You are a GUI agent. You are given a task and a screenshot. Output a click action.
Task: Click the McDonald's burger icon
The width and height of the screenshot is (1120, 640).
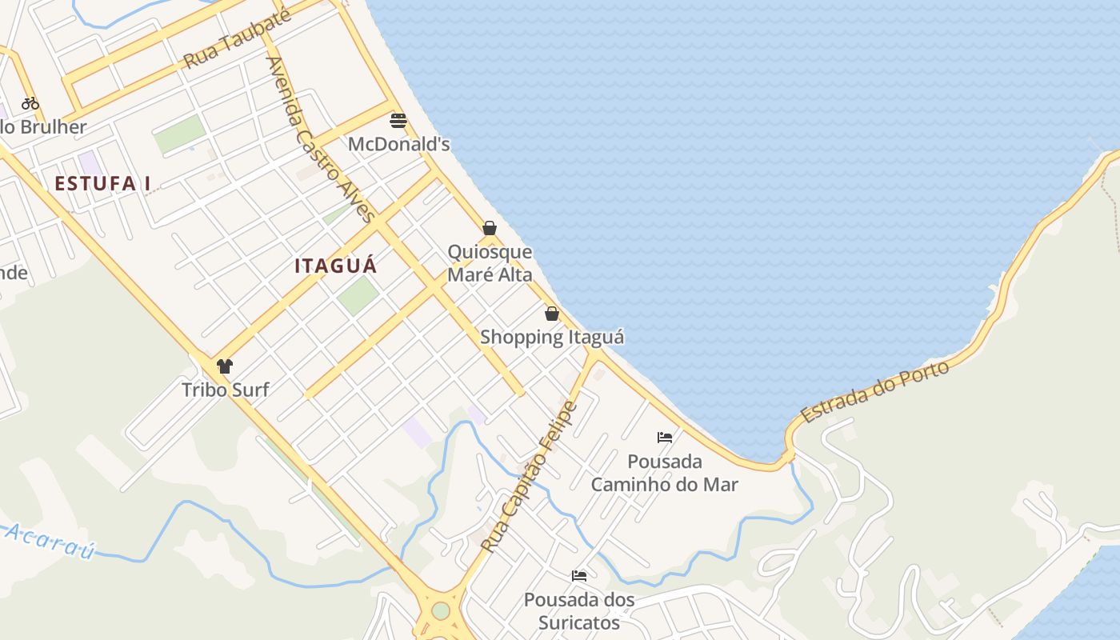pos(398,121)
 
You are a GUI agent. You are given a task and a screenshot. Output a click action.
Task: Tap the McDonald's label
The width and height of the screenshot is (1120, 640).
pos(398,145)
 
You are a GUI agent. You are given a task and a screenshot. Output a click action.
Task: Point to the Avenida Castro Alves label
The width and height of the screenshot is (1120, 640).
pos(320,138)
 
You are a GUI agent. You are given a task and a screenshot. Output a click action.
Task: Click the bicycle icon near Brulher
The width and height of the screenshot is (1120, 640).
pos(30,103)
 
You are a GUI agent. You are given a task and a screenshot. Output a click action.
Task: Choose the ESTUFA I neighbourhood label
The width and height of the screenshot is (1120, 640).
pos(102,184)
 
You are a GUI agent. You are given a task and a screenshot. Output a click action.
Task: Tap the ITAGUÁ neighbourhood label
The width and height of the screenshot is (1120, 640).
pos(335,266)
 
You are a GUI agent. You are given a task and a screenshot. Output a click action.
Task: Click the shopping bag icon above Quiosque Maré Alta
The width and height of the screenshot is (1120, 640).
pos(490,228)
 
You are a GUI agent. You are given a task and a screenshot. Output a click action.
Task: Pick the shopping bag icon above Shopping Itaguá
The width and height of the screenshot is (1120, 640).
pos(551,314)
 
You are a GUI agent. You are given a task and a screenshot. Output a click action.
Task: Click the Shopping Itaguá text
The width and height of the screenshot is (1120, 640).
pos(552,338)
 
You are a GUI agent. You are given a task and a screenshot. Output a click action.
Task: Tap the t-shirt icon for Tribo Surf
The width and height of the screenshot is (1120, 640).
pos(225,366)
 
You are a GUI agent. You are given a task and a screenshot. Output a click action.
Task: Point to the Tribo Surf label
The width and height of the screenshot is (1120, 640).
pos(225,390)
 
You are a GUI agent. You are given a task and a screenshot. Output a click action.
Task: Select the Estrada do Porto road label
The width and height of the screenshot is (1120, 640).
pos(875,392)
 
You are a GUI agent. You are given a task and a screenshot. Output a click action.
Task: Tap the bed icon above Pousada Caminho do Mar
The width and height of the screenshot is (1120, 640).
pos(664,438)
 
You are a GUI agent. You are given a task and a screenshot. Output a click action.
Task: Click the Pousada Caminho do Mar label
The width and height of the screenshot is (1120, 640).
pos(664,473)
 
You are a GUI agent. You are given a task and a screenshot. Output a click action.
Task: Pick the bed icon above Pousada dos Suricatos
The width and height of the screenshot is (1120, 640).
pos(579,576)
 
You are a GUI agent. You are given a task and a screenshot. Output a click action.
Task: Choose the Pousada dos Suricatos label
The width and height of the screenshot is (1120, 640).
pos(579,611)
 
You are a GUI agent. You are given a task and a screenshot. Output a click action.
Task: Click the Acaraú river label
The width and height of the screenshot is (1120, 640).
pos(48,541)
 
